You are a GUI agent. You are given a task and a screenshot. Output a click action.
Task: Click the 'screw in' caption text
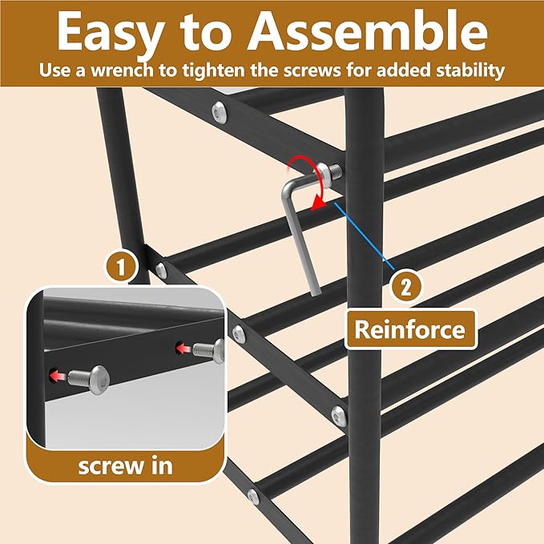point(125,465)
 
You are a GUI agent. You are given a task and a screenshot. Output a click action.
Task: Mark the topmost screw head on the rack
point(218,112)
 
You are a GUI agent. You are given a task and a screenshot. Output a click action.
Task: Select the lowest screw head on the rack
point(253,497)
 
